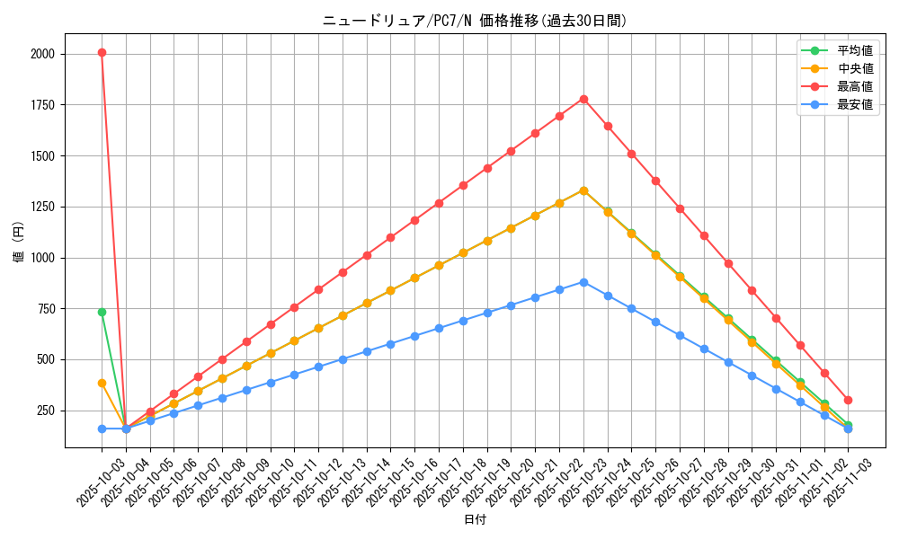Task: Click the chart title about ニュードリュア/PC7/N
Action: coord(475,21)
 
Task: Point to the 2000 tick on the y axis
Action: coord(41,54)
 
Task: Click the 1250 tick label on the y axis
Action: coord(41,207)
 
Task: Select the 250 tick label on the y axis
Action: coord(44,411)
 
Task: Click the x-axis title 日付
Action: coord(475,520)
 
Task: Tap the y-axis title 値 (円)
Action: coord(19,243)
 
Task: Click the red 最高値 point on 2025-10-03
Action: coord(102,52)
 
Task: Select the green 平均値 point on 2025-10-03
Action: coord(102,312)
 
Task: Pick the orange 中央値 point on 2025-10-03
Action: coord(102,383)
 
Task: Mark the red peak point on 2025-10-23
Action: coord(583,99)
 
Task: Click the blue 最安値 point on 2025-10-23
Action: coord(583,282)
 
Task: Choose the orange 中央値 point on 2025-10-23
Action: coord(583,190)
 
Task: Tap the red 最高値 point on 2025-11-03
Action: coord(848,400)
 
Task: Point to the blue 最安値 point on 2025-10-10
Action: coord(271,383)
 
